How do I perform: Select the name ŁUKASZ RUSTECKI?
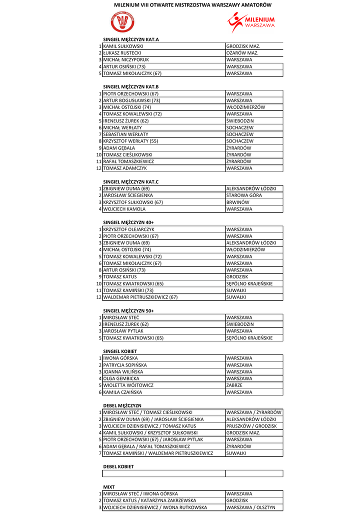tap(122, 53)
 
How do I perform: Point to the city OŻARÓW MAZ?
tap(242, 53)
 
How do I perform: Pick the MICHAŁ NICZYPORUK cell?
tap(126, 59)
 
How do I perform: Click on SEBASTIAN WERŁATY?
tap(125, 134)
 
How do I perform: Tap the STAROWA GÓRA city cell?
tap(244, 195)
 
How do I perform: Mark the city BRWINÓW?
tap(238, 202)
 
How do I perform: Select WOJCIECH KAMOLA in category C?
tap(124, 209)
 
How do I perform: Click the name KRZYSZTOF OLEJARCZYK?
tap(128, 229)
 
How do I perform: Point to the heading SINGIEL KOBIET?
tap(120, 351)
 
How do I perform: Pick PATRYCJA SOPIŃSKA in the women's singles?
tap(125, 365)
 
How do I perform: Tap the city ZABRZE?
tap(234, 385)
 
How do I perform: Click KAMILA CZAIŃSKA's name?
tap(122, 392)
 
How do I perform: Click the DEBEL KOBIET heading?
tap(118, 466)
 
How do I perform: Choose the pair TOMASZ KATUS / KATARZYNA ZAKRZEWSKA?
tap(149, 500)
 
